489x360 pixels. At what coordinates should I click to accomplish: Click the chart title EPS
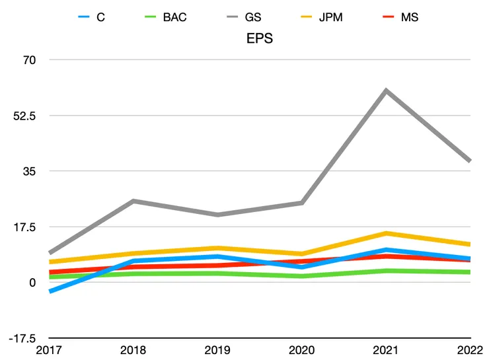pos(260,38)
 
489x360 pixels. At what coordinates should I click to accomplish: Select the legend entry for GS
pos(253,17)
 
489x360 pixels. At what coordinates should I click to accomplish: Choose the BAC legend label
pos(174,17)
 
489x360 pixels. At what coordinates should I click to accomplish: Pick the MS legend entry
pos(410,17)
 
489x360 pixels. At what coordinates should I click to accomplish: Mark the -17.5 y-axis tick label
pos(22,338)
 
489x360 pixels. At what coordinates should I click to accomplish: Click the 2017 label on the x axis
pos(49,350)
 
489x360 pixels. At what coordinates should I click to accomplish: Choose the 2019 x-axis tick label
pos(218,350)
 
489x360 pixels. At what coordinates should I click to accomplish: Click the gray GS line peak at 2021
pos(386,90)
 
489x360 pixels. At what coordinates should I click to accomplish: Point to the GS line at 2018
pos(134,201)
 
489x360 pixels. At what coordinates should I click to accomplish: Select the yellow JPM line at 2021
pos(386,233)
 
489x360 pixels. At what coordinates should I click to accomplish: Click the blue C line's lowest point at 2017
pos(50,291)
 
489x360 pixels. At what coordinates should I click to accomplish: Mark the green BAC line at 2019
pos(219,273)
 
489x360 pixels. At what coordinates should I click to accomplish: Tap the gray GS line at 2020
pos(303,203)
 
